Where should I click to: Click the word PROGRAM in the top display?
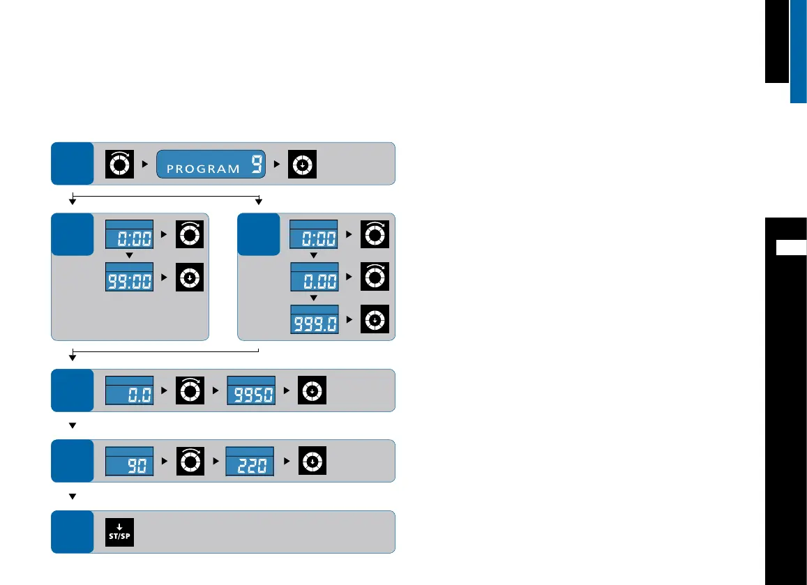click(x=204, y=169)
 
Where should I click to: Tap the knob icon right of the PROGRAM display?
click(x=303, y=163)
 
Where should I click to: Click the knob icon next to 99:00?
click(x=190, y=278)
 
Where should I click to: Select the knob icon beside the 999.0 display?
click(x=375, y=319)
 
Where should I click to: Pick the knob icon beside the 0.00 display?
click(x=375, y=278)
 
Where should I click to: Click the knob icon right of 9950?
click(x=312, y=390)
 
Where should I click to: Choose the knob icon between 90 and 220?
click(x=190, y=461)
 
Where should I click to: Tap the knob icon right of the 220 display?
click(x=312, y=461)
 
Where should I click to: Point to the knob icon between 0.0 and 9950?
click(x=190, y=390)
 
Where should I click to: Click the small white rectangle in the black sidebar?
click(x=791, y=247)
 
